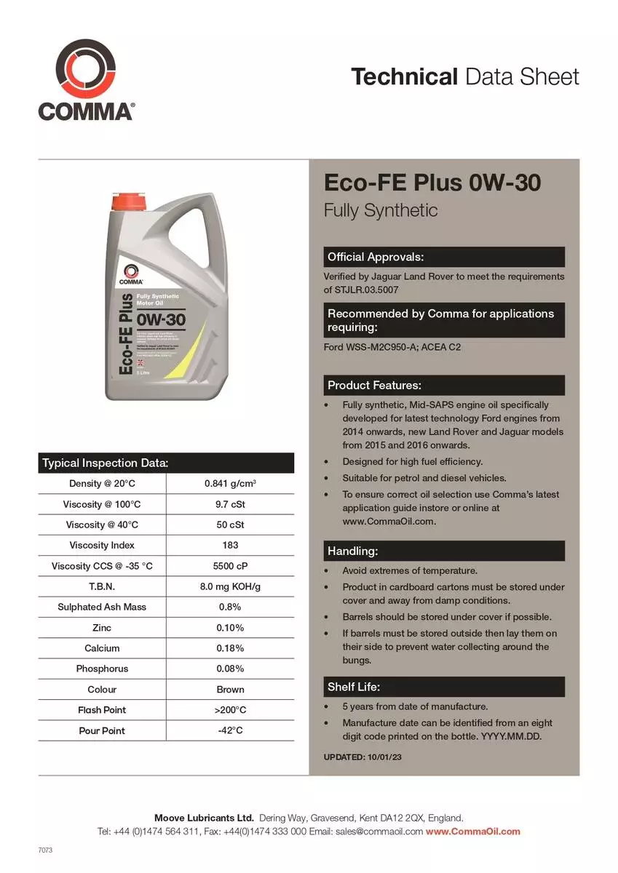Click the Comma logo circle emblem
coord(86,69)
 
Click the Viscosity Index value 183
coord(230,545)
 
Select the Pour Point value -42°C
coord(230,730)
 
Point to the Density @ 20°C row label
coord(102,484)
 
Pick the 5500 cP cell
coord(230,566)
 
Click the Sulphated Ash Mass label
coord(102,607)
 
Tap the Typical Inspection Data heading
coord(106,463)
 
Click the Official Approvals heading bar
coord(443,257)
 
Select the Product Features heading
coord(443,385)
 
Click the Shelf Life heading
coord(443,687)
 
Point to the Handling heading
coord(443,551)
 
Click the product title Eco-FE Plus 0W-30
coord(432,183)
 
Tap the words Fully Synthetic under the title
coord(381,211)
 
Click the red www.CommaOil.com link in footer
coord(473,832)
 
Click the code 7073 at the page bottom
coord(46,850)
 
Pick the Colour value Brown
coord(230,689)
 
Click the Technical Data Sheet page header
coord(465,76)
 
